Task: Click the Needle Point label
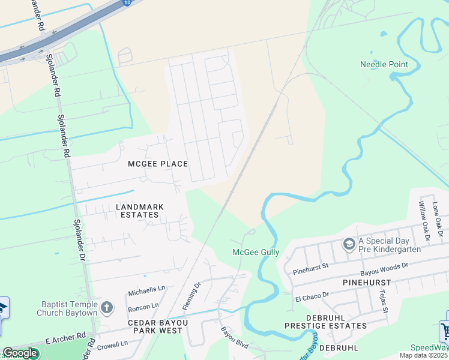coord(384,64)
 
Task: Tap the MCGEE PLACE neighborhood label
coord(158,164)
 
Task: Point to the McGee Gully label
coord(256,253)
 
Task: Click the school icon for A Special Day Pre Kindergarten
coord(349,244)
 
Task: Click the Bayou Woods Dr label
coord(385,265)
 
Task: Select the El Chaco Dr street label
coord(312,295)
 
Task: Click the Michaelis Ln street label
coord(146,291)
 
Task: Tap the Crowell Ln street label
coord(112,344)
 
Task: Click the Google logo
coord(20,353)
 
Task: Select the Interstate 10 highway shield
coord(127,2)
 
